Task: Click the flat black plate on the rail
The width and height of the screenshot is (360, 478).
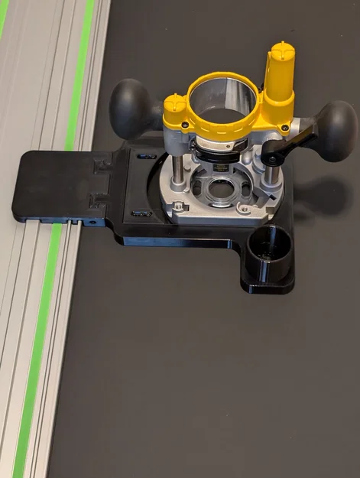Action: click(57, 184)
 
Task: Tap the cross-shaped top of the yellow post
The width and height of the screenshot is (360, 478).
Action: click(282, 51)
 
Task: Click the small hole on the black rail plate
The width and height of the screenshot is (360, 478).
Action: click(92, 223)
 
